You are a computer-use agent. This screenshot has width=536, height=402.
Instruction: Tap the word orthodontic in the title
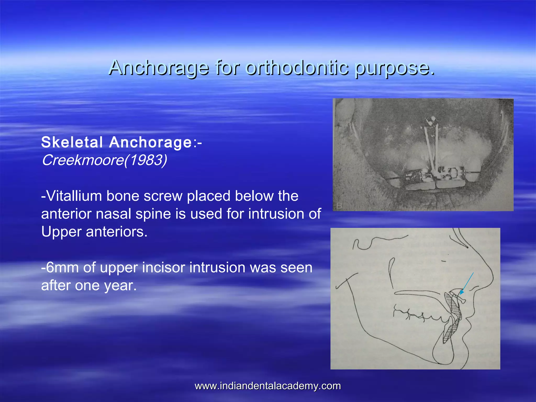pyautogui.click(x=297, y=68)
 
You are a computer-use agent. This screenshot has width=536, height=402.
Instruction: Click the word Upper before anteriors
pyautogui.click(x=62, y=232)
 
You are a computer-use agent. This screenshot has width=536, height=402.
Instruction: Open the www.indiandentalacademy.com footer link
pyautogui.click(x=268, y=386)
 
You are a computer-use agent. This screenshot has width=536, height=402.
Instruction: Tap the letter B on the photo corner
pyautogui.click(x=339, y=206)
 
